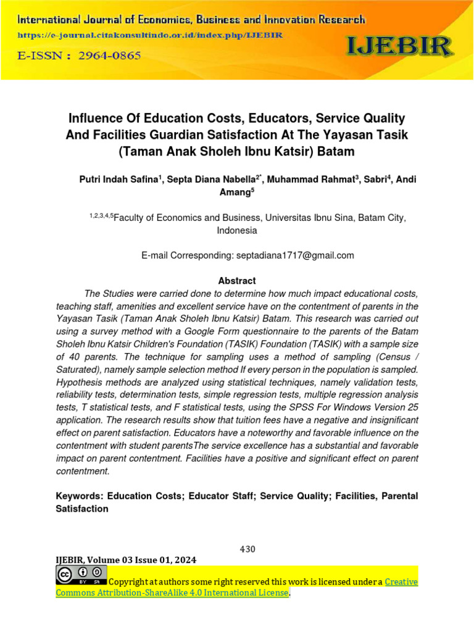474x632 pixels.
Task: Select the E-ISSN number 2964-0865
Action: (110, 56)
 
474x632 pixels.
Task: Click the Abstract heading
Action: (237, 280)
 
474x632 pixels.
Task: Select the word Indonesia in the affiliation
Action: (237, 231)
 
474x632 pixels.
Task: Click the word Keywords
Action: (79, 496)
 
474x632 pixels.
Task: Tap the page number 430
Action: (247, 549)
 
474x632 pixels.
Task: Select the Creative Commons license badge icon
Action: (81, 575)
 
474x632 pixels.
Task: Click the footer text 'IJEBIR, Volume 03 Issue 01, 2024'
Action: (126, 560)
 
